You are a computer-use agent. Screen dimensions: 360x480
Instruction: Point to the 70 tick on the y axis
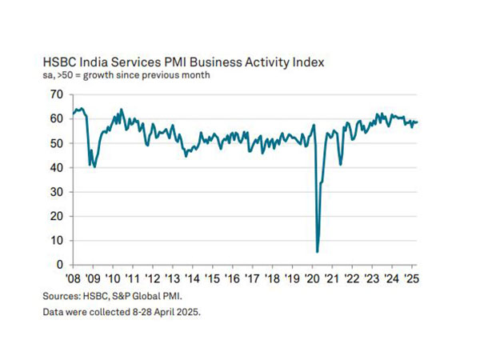(x=56, y=94)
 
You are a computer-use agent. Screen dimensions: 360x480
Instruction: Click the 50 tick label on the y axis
(x=56, y=143)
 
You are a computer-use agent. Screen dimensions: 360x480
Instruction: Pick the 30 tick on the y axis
(x=56, y=192)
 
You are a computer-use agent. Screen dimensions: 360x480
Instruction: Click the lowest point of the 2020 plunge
(x=318, y=251)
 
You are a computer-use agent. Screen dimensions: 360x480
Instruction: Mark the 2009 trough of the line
(x=94, y=166)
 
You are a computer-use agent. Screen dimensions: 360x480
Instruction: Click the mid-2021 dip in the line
(x=341, y=164)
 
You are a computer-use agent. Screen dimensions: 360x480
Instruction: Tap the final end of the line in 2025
(x=417, y=122)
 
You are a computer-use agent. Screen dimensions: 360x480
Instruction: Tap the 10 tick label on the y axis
(x=56, y=241)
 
